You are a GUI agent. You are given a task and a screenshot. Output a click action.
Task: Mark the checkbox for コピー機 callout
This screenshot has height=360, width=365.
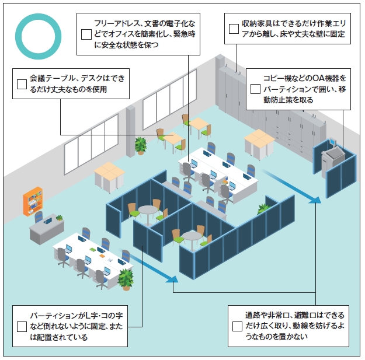click(x=255, y=89)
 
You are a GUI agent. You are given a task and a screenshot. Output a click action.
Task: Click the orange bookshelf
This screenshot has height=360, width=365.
click(x=33, y=200)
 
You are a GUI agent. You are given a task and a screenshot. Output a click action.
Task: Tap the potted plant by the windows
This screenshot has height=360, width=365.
click(x=140, y=144)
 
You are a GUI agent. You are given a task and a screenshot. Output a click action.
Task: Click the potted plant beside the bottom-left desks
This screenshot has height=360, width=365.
click(x=125, y=278)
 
